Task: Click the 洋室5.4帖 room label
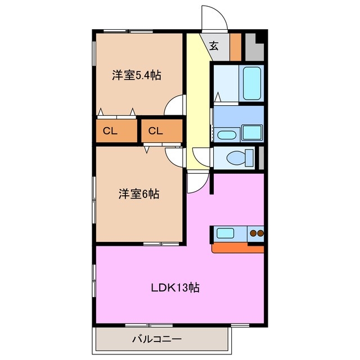point(136,75)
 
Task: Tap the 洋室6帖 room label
point(138,195)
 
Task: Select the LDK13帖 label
point(175,288)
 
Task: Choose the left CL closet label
point(110,132)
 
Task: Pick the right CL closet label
point(156,132)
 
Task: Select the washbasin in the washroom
point(226,134)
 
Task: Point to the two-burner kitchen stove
point(256,232)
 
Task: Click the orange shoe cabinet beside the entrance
point(235,47)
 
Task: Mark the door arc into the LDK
point(197,181)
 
